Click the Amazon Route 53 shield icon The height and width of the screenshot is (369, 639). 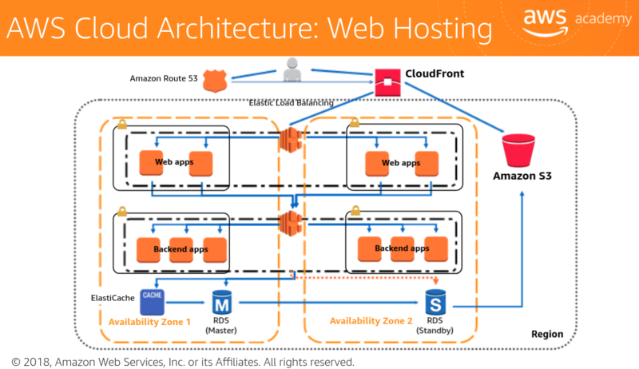pyautogui.click(x=214, y=80)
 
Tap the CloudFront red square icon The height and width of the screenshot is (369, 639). pyautogui.click(x=387, y=80)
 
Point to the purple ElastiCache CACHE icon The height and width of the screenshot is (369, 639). pyautogui.click(x=152, y=301)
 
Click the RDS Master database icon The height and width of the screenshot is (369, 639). pyautogui.click(x=221, y=304)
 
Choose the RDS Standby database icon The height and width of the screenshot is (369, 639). pyautogui.click(x=435, y=304)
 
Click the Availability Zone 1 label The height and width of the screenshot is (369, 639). pyautogui.click(x=149, y=321)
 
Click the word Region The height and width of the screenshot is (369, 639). pyautogui.click(x=547, y=334)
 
